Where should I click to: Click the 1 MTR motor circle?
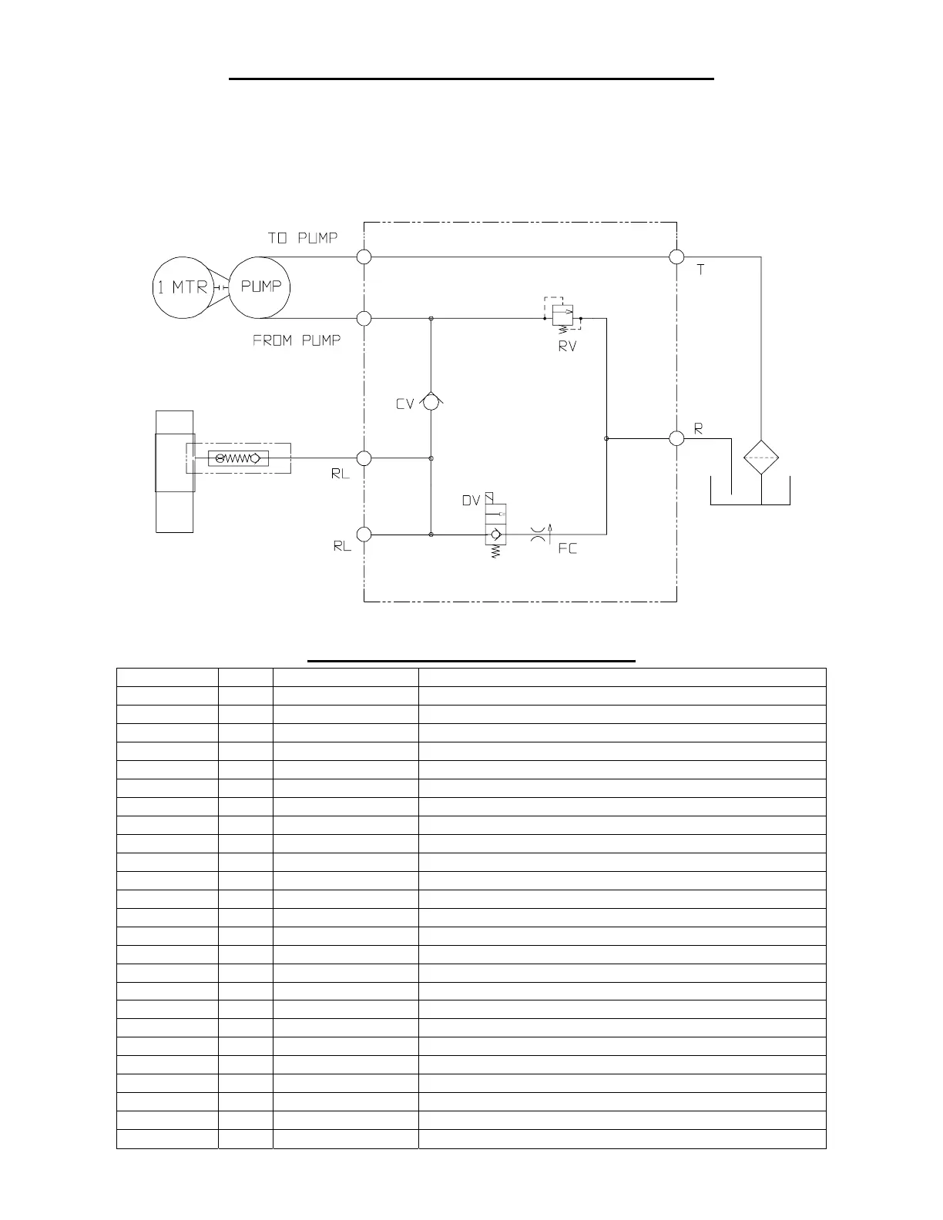[183, 287]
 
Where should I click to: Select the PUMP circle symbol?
[260, 287]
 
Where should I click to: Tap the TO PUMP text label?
[302, 238]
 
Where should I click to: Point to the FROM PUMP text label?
[297, 340]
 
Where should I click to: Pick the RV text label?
[567, 347]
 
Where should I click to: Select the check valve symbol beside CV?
[431, 401]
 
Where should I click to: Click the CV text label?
[405, 404]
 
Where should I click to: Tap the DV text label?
[471, 501]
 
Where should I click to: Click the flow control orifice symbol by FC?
[539, 534]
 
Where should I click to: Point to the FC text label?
[567, 549]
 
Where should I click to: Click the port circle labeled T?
[676, 256]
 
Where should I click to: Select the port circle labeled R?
[676, 438]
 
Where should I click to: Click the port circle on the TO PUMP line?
[364, 256]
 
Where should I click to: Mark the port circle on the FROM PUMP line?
[364, 318]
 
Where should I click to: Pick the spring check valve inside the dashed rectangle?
[238, 458]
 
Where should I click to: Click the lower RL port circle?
[364, 535]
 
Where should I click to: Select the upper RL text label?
[341, 474]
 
